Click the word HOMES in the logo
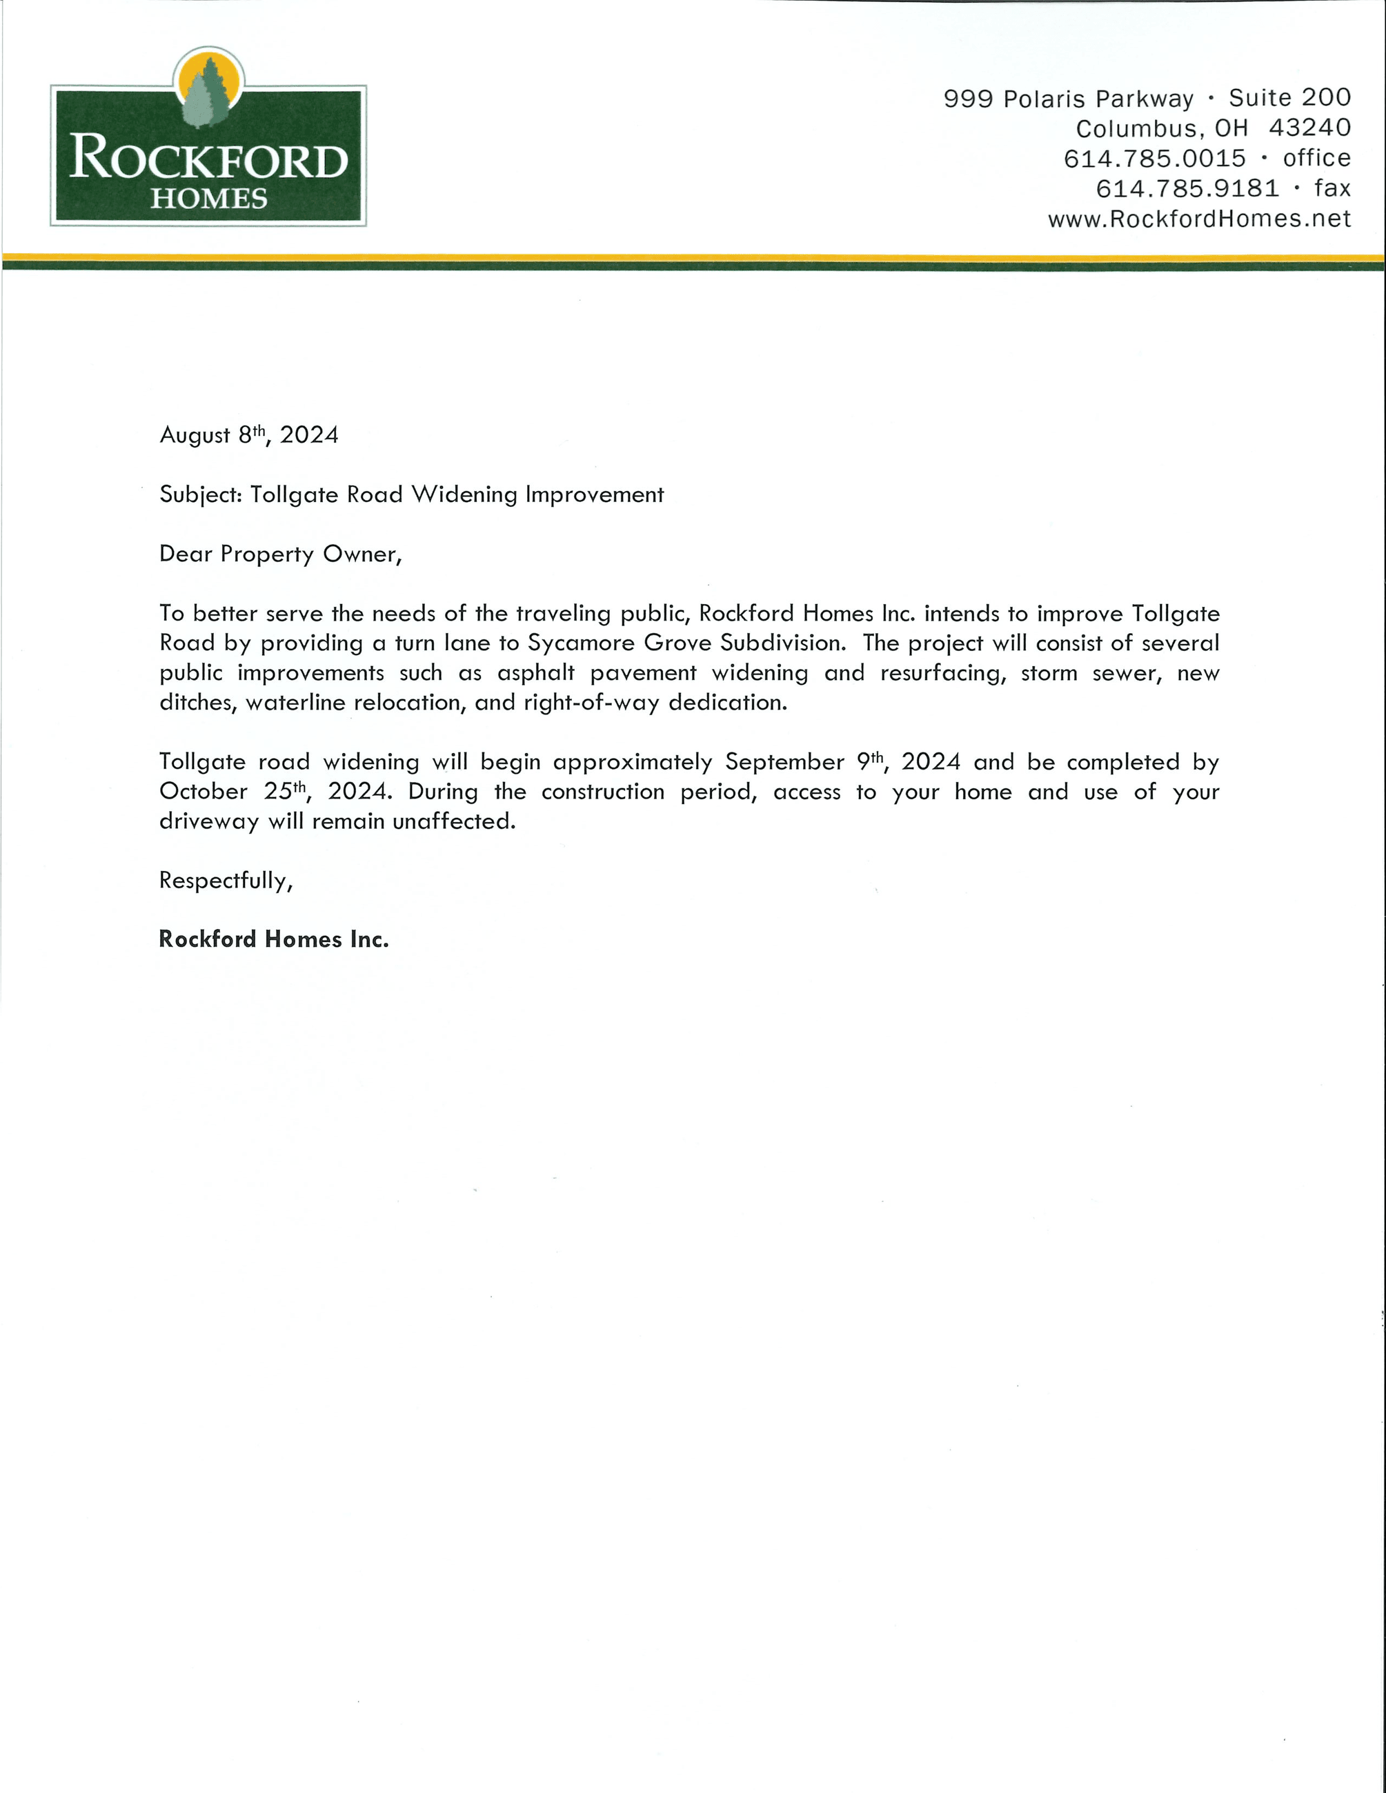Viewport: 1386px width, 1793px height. coord(208,199)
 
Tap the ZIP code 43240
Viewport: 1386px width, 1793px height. coord(1309,128)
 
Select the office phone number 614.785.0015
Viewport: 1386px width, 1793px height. coord(1154,159)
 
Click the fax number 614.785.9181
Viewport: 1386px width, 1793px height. coord(1187,189)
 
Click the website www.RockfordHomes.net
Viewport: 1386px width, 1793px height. coord(1199,219)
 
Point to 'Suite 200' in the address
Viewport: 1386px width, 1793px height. coord(1289,98)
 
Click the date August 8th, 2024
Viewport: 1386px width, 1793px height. coord(249,434)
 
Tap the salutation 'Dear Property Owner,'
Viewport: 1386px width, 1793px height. coord(281,554)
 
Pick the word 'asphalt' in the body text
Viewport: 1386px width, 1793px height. coord(535,673)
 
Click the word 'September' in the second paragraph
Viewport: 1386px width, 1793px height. coord(784,762)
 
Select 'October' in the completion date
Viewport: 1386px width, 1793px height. coord(203,792)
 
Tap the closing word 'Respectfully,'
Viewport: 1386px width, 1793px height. coord(226,880)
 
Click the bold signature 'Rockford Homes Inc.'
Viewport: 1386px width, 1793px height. coord(273,939)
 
